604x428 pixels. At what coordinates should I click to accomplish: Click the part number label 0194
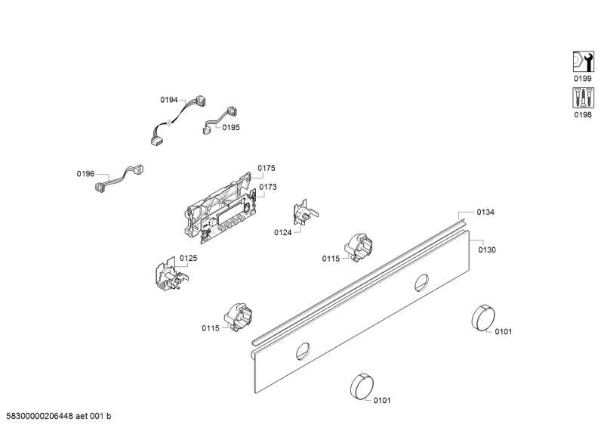click(168, 100)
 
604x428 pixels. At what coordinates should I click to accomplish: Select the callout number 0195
click(231, 127)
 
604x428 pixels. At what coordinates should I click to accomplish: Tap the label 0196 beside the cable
click(85, 174)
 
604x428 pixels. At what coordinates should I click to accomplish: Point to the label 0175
click(267, 168)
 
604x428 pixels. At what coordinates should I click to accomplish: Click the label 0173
click(268, 187)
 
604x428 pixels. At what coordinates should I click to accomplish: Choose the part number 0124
click(282, 232)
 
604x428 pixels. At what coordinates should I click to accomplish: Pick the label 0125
click(188, 258)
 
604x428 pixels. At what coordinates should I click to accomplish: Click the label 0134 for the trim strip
click(485, 212)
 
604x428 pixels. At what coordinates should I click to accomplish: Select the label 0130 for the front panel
click(487, 250)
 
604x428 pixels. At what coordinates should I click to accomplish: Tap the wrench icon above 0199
click(583, 61)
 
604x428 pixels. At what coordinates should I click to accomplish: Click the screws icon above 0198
click(583, 98)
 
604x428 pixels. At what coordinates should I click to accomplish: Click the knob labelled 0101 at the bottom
click(362, 386)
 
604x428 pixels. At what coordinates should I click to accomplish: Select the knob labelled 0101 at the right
click(483, 318)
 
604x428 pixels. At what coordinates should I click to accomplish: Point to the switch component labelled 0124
click(305, 213)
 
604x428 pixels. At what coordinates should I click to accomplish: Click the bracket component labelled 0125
click(171, 275)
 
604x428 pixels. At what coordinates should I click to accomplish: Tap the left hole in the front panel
click(303, 351)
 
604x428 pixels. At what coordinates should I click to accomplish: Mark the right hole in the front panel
click(421, 283)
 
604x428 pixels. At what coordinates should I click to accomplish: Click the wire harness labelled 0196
click(119, 178)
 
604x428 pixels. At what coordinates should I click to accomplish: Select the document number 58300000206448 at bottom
click(40, 416)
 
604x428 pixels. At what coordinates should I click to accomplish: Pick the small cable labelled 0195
click(220, 120)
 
